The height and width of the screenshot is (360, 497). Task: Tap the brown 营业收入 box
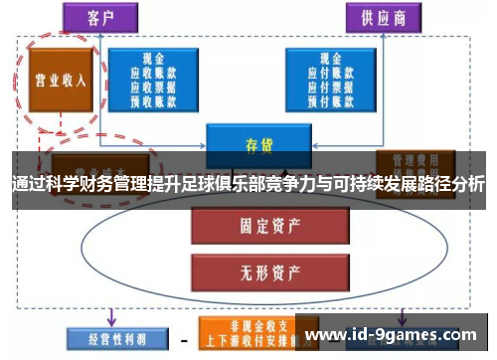59,82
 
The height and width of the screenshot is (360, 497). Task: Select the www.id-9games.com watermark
392,334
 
